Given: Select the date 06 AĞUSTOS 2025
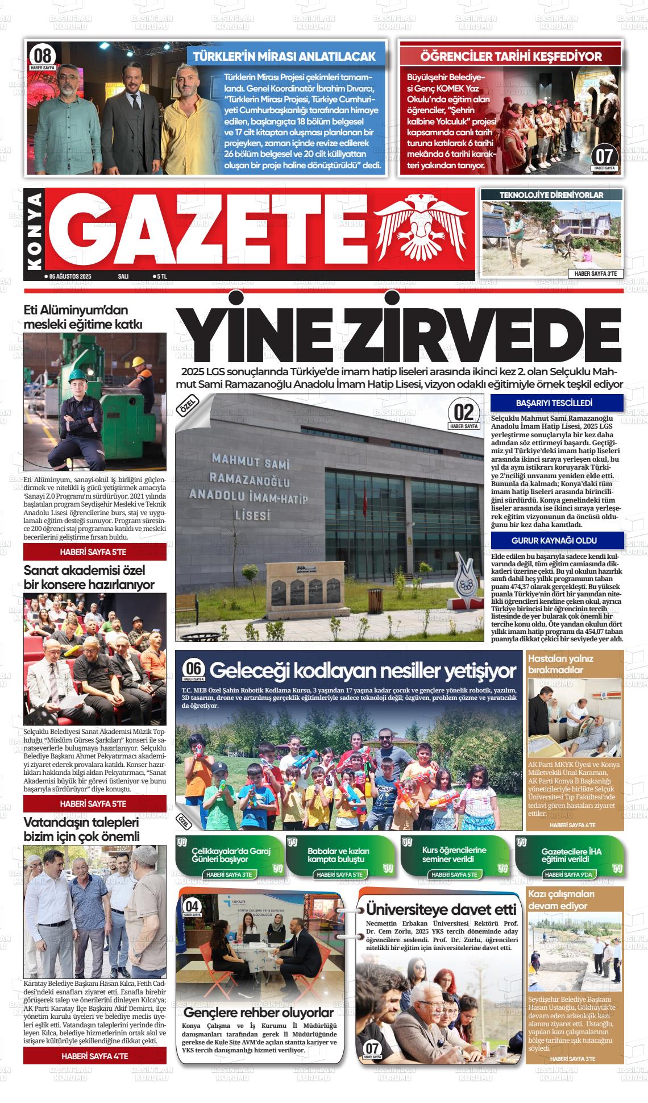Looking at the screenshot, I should coord(70,276).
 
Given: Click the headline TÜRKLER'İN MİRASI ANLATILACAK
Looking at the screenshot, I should coord(285,56).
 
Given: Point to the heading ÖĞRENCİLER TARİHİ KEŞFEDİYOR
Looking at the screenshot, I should coord(510,56).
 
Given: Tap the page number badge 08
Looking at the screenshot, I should coord(43,56).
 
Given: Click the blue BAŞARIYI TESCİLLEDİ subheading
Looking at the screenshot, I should coord(554,403).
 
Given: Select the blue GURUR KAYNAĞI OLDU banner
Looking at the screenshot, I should coord(554,540).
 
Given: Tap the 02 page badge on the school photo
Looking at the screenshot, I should coord(464,412).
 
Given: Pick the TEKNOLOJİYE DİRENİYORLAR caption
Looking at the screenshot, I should coord(551,195).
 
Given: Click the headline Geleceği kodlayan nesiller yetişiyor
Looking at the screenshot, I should coord(362,671).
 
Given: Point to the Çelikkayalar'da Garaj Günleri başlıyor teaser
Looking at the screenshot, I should coord(231,855).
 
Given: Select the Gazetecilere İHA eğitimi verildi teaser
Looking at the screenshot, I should coord(571,855).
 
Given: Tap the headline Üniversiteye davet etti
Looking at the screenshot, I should coord(441,909).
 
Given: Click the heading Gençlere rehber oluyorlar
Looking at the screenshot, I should coord(259,1013).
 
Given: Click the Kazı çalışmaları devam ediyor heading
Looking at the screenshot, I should coord(561,899).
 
